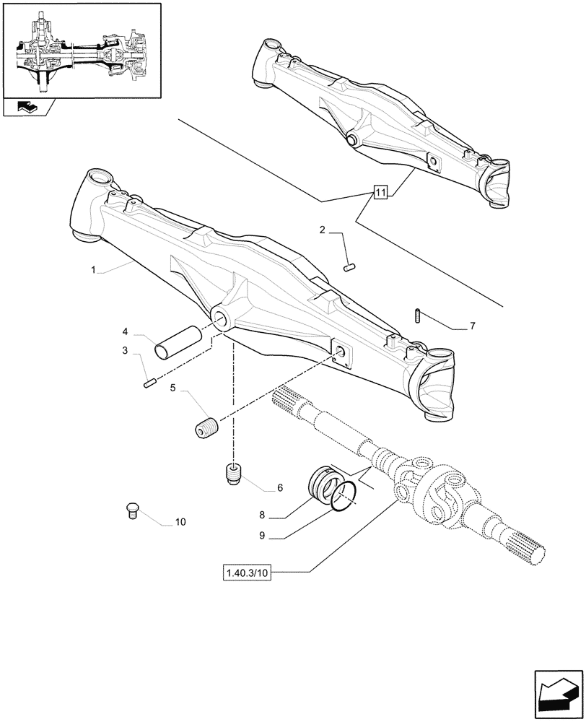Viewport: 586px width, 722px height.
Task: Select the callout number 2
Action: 323,230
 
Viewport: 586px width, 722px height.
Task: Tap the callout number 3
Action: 125,351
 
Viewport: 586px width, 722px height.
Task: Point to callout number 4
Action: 125,331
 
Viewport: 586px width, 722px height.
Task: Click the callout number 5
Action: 173,388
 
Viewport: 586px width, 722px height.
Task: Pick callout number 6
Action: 279,488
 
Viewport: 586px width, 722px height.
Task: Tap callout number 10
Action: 180,521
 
